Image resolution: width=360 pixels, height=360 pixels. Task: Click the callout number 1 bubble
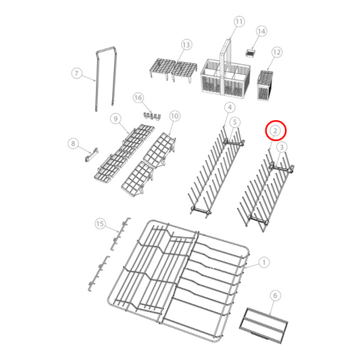pos(264,261)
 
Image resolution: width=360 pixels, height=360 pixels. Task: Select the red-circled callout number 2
pos(276,130)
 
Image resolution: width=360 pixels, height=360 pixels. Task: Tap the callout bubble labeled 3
pos(282,147)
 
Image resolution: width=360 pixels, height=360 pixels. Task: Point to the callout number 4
pos(230,107)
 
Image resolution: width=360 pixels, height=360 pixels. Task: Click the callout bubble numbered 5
pos(234,122)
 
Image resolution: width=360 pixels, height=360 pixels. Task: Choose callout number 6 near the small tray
pos(275,295)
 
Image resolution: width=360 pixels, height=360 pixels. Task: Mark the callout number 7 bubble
pos(76,73)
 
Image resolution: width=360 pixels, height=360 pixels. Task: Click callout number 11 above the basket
pos(238,22)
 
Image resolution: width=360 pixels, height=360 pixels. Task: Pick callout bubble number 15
pos(100,224)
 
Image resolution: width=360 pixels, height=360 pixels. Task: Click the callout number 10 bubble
pos(174,116)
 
